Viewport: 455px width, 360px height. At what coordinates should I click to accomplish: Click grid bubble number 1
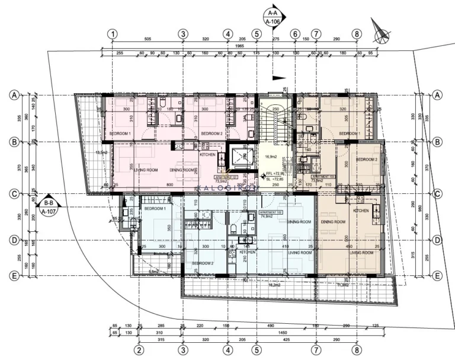pos(113,34)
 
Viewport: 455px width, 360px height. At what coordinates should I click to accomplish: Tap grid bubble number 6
pos(295,34)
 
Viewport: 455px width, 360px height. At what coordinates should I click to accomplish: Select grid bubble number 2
pos(139,350)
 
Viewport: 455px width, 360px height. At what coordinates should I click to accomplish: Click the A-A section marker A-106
pos(273,16)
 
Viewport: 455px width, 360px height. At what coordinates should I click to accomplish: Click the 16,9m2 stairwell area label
pos(271,157)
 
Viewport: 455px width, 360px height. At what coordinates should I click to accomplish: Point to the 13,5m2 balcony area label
pos(101,152)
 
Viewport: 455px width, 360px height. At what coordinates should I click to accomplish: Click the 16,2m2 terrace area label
pos(274,285)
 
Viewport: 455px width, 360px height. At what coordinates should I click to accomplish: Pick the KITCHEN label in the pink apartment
pos(207,154)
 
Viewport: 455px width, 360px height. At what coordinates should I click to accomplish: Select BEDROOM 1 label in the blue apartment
pos(155,209)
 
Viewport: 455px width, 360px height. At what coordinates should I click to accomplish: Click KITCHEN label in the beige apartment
pos(361,211)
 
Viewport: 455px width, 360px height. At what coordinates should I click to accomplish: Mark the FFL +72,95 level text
pos(275,174)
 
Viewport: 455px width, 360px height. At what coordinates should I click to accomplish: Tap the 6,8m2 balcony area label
pos(153,272)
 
